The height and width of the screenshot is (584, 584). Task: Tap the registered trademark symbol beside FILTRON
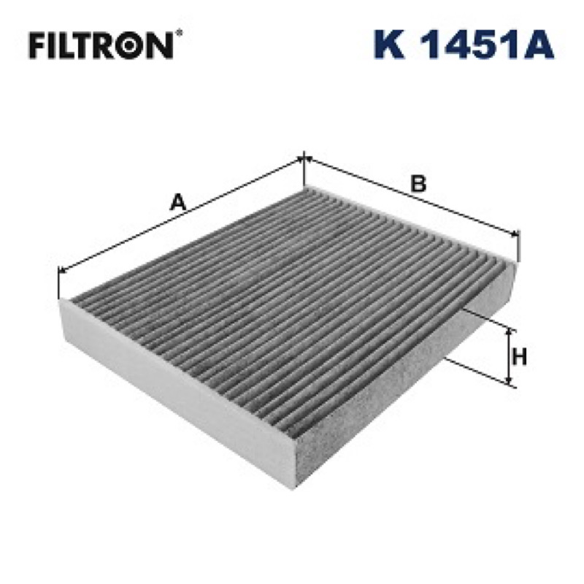click(x=179, y=33)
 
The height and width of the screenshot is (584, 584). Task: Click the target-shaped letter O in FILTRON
click(x=132, y=45)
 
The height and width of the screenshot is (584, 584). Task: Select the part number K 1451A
click(x=464, y=45)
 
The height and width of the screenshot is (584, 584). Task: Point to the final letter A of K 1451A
click(x=538, y=45)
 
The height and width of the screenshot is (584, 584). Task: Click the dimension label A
click(x=177, y=202)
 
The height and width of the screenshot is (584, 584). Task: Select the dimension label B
click(x=418, y=183)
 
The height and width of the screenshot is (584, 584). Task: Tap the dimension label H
click(x=520, y=357)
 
